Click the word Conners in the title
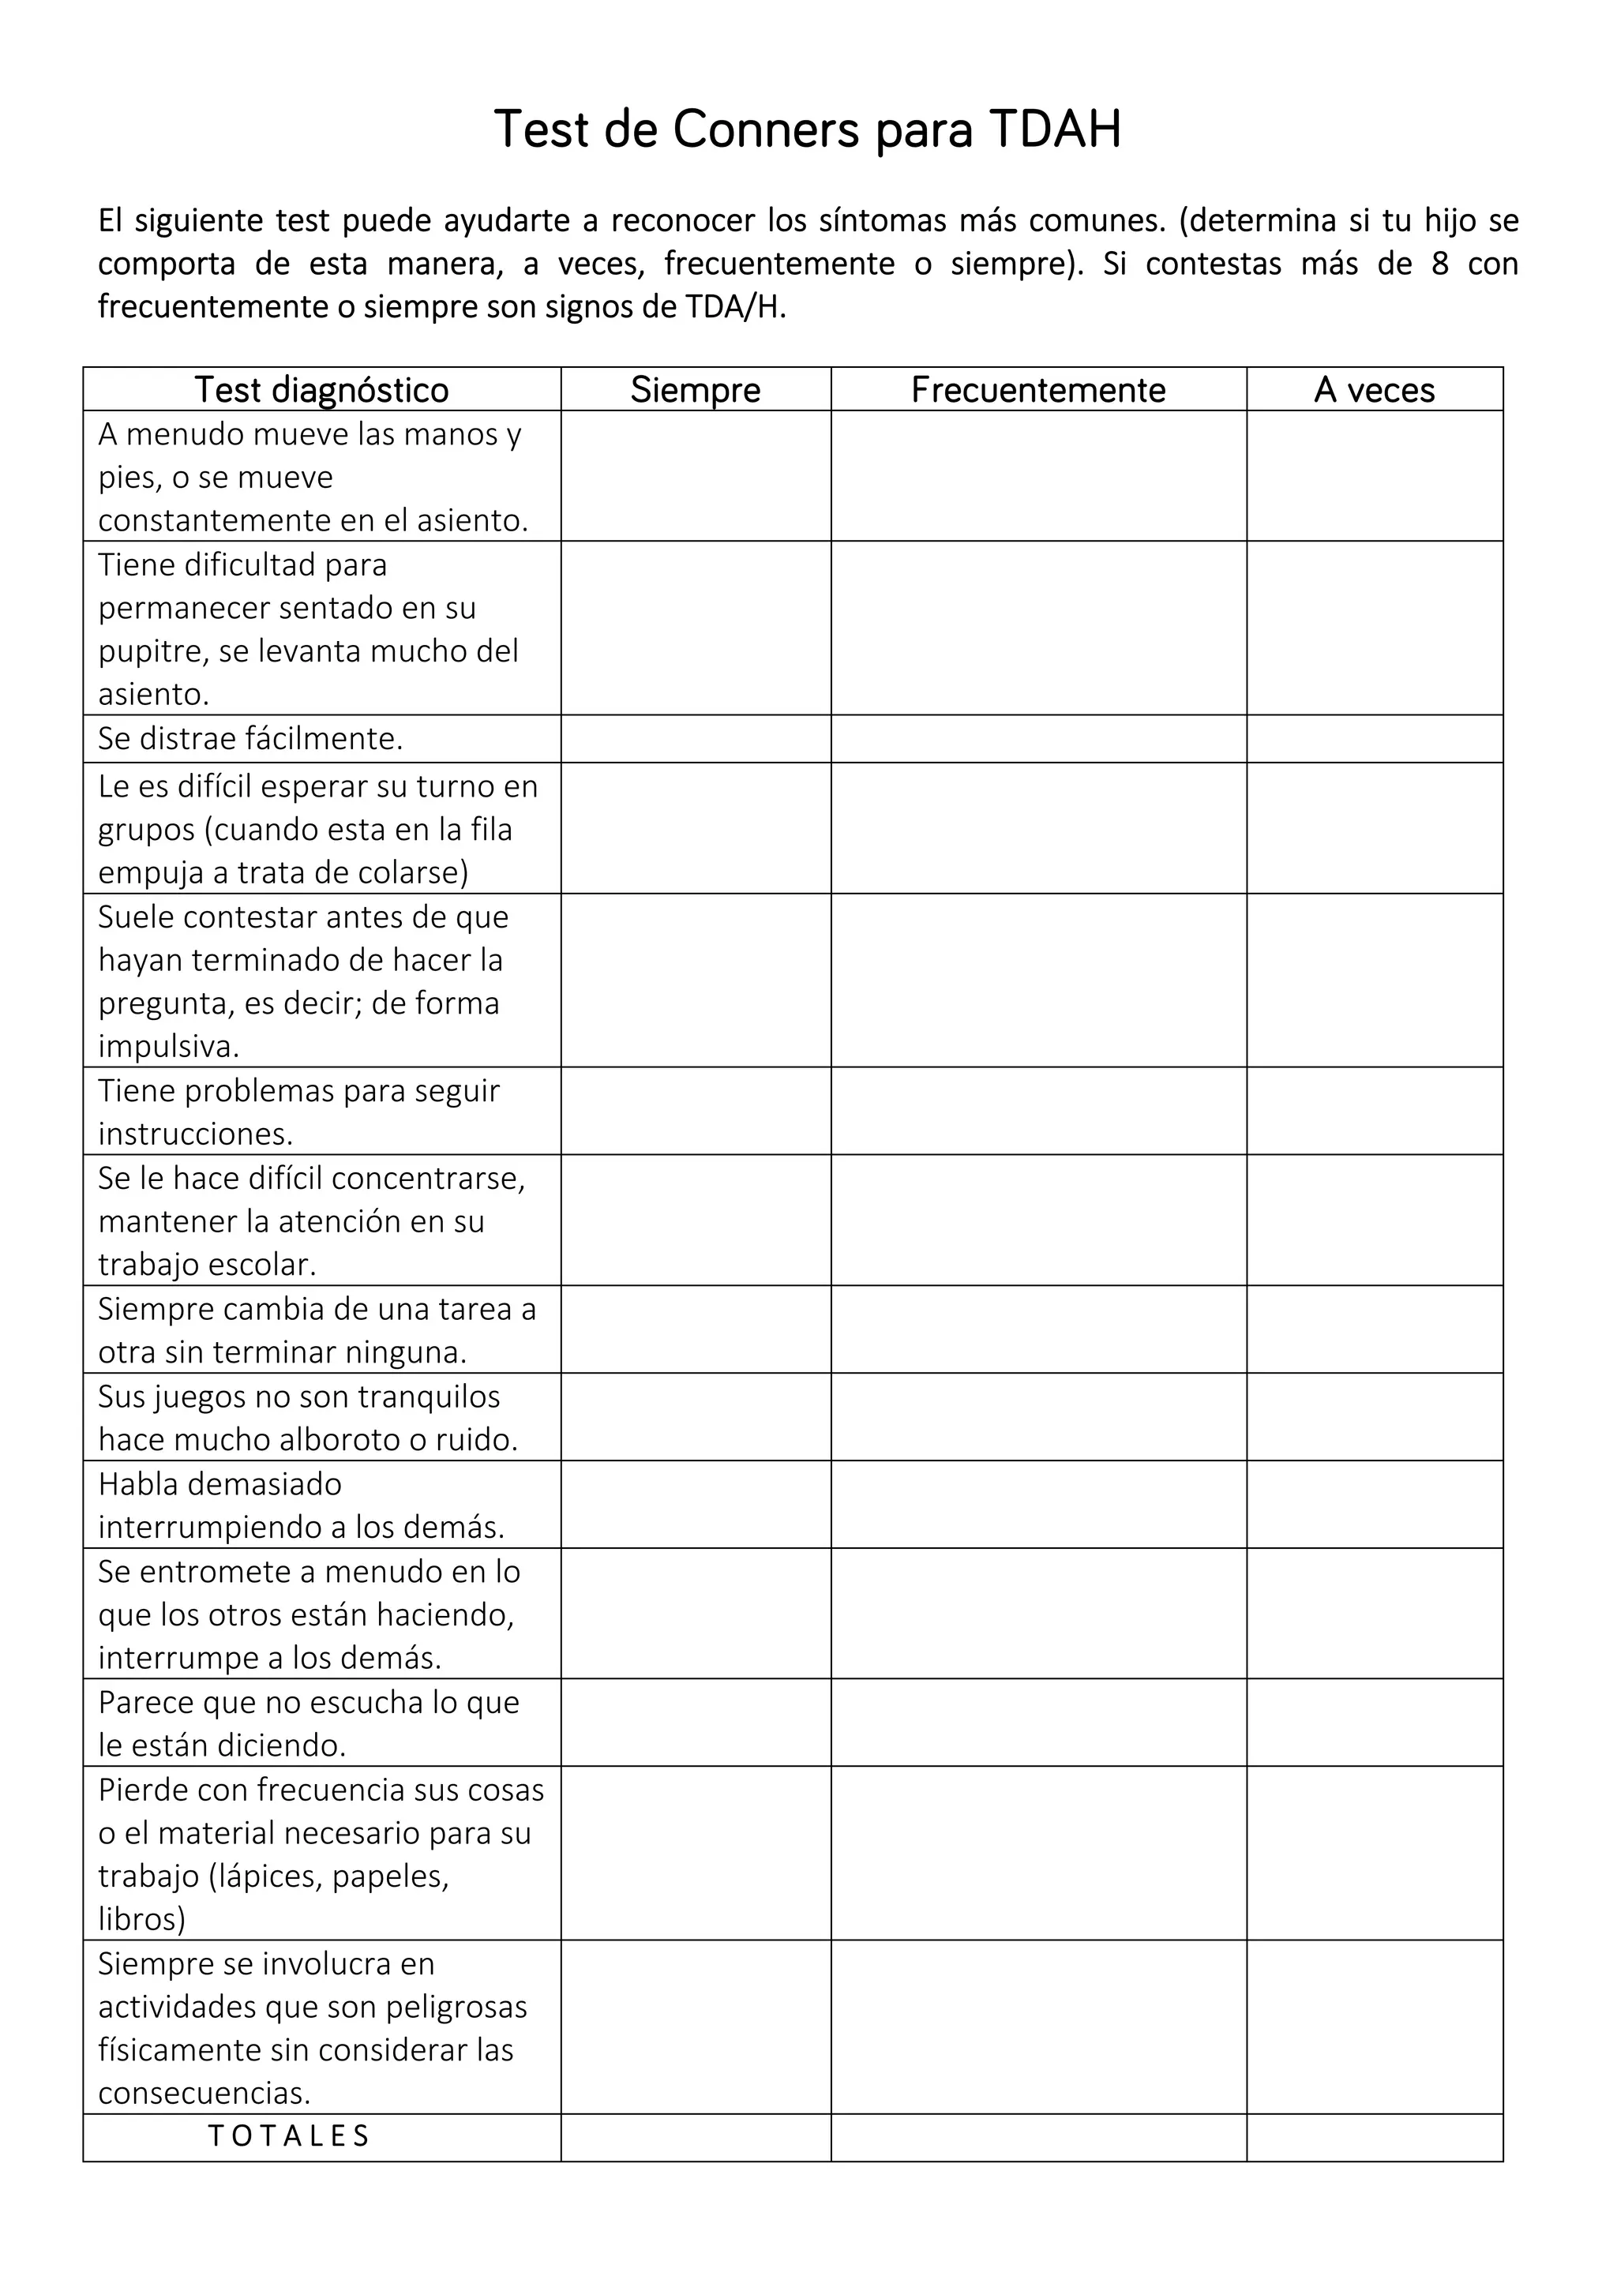click(765, 129)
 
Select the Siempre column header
click(695, 389)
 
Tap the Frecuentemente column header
click(1038, 389)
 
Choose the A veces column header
click(1374, 389)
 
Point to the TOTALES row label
click(289, 2135)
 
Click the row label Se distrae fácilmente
click(250, 738)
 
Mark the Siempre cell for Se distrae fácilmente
click(695, 738)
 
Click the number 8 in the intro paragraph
click(1439, 264)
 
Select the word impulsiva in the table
click(168, 1046)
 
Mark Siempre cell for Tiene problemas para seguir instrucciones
click(695, 1111)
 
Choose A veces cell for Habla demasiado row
click(1374, 1504)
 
